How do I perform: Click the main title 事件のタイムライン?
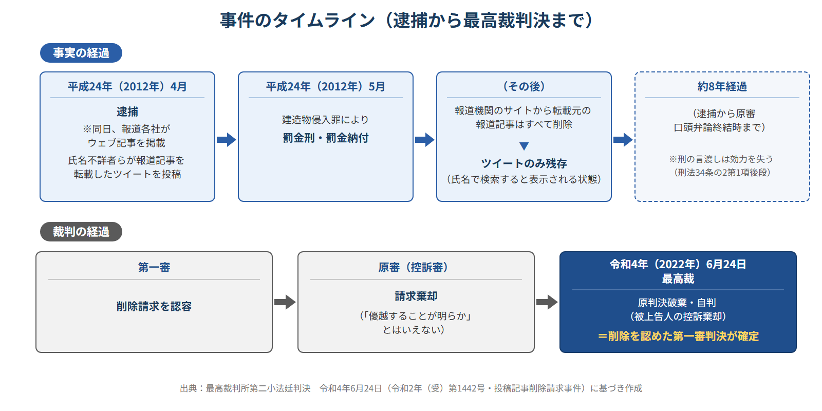click(x=297, y=20)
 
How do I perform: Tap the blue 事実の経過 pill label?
click(x=81, y=53)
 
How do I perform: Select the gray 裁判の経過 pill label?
click(x=81, y=232)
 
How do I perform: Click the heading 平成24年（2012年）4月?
click(x=127, y=87)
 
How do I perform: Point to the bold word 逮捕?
click(x=127, y=111)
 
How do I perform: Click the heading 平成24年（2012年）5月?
click(x=326, y=87)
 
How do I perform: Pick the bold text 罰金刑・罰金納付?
click(x=326, y=138)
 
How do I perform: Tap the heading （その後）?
click(x=524, y=87)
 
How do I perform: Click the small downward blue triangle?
click(x=524, y=146)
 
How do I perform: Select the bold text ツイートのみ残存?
click(x=524, y=163)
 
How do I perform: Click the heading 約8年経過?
click(x=722, y=87)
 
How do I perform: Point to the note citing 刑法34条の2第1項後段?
click(x=722, y=173)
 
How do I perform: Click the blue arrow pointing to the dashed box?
click(x=623, y=139)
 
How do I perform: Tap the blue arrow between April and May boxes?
click(x=227, y=139)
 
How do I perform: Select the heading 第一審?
click(x=154, y=268)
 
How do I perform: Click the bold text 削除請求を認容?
click(x=154, y=306)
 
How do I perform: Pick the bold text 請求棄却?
click(x=416, y=296)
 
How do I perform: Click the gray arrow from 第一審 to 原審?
click(x=285, y=302)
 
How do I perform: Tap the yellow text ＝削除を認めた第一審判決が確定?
click(x=678, y=336)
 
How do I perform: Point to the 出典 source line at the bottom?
click(x=411, y=388)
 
